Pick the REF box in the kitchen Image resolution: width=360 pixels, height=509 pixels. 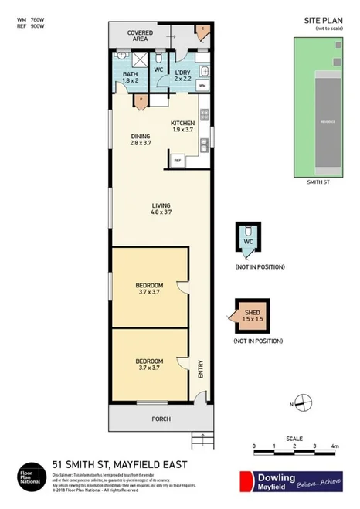[177, 161]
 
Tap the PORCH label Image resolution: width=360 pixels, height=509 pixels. [161, 419]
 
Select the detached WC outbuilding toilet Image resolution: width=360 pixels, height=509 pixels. [248, 238]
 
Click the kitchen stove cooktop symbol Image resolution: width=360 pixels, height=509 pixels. [205, 115]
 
